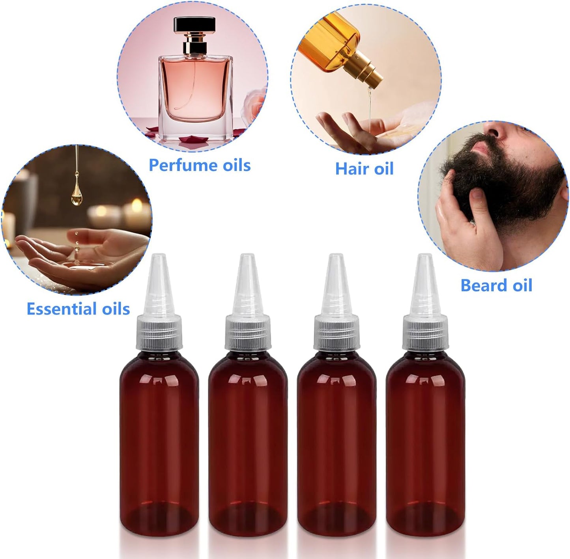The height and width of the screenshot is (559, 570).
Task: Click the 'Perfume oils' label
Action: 200,165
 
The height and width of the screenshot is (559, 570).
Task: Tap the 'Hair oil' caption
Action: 364,169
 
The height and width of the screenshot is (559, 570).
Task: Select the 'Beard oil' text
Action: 496,285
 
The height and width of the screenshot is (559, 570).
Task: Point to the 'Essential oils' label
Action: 78,309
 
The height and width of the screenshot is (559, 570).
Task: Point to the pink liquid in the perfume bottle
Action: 194,91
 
